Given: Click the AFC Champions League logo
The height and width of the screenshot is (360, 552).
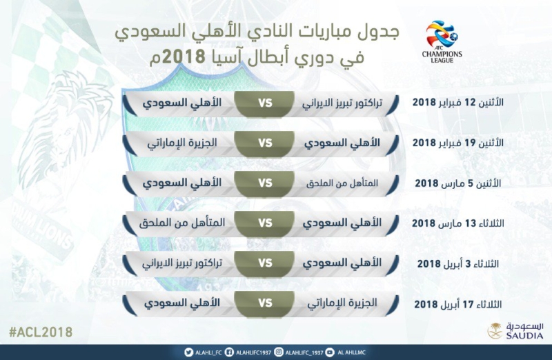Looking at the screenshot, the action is point(442,42).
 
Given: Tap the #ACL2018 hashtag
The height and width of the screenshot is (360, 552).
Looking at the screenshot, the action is point(41,332).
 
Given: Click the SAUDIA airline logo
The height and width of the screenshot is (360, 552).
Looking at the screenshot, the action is point(515,331).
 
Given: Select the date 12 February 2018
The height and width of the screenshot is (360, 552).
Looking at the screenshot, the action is point(457,102).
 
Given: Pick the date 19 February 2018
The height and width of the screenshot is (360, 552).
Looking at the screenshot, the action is point(457,143).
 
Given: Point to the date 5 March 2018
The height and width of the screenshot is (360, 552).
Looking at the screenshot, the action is point(457,183).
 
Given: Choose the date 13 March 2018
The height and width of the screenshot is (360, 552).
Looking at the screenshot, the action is point(457,223).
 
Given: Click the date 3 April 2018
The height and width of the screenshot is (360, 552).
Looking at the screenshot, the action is point(457,263).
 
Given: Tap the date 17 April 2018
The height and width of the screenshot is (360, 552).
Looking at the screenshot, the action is point(457,303).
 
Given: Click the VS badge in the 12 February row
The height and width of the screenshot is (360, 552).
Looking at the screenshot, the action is point(265,103).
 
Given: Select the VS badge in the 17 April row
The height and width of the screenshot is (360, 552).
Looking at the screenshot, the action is point(265,303).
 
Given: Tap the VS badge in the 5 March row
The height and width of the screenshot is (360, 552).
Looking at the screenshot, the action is point(265,183).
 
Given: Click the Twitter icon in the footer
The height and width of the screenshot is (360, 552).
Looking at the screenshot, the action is point(188,352).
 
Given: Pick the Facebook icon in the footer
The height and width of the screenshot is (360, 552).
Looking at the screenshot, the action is point(229,352).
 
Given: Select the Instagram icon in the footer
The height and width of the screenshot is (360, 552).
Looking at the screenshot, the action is point(279,352).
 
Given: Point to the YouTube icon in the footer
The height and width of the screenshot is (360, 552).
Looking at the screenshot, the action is point(330,352).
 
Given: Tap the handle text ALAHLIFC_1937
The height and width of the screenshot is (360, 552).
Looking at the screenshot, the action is point(304,352).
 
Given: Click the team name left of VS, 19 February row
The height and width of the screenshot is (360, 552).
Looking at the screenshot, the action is point(182,143).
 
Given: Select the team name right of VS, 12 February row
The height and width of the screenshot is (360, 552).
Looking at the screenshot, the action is point(342,103).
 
